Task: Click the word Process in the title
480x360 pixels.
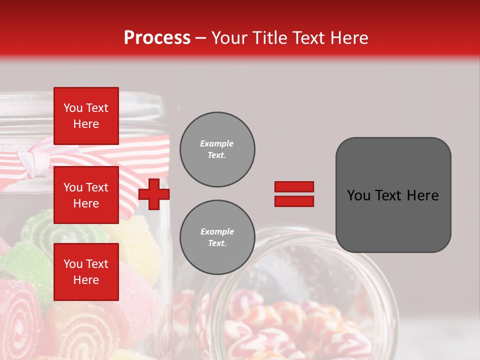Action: (157, 38)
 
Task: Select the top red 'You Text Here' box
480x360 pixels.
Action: (86, 116)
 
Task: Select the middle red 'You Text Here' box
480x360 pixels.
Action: (86, 195)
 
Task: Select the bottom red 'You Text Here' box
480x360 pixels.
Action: (86, 271)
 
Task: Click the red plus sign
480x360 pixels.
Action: (154, 194)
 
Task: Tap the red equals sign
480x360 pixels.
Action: (294, 194)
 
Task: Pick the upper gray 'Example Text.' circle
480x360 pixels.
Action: (217, 149)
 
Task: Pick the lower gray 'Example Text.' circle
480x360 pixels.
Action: (217, 237)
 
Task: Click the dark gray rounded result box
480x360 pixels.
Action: (393, 195)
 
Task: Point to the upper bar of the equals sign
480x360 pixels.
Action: (294, 187)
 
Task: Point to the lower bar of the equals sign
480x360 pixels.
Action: (294, 201)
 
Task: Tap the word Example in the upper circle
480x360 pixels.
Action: (216, 143)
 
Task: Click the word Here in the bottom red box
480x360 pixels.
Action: (86, 279)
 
